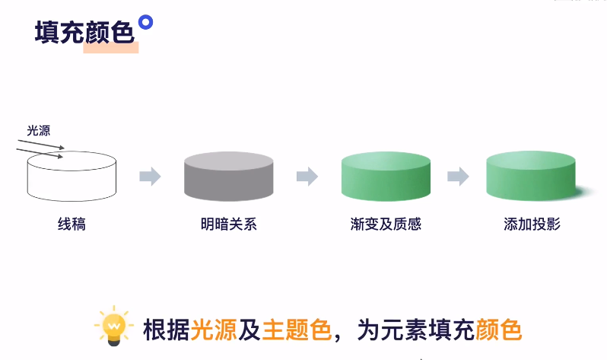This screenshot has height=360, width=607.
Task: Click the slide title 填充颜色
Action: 84,32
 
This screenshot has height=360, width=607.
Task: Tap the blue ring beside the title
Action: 145,22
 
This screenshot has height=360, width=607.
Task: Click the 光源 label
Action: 39,130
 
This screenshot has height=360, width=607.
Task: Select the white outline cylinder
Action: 72,177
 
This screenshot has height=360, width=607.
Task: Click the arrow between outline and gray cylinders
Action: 150,177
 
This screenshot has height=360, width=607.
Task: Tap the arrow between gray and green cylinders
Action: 307,177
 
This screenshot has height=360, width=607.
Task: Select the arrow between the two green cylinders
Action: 458,177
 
